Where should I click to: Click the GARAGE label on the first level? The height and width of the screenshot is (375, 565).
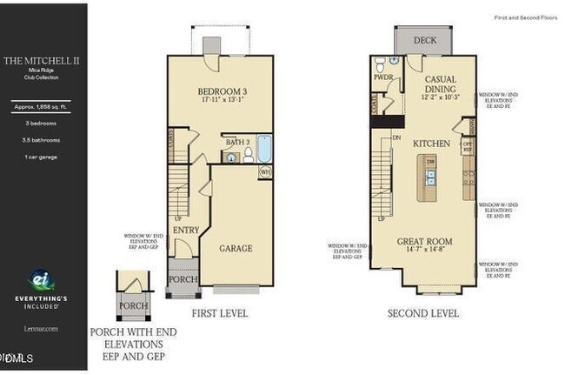click(236, 248)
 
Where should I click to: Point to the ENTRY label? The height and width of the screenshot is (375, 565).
click(186, 230)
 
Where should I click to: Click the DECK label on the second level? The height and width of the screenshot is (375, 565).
click(424, 40)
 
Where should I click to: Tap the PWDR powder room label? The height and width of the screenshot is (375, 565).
click(382, 77)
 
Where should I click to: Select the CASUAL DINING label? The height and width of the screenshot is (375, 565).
click(440, 84)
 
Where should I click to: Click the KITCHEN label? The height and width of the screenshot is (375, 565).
click(429, 143)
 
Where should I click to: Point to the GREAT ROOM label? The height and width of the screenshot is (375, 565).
click(426, 241)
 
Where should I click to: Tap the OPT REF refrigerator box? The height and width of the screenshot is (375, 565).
click(467, 145)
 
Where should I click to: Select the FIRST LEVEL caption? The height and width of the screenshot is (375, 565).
click(218, 312)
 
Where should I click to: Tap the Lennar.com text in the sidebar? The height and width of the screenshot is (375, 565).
click(41, 328)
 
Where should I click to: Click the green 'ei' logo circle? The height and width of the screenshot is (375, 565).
click(40, 281)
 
